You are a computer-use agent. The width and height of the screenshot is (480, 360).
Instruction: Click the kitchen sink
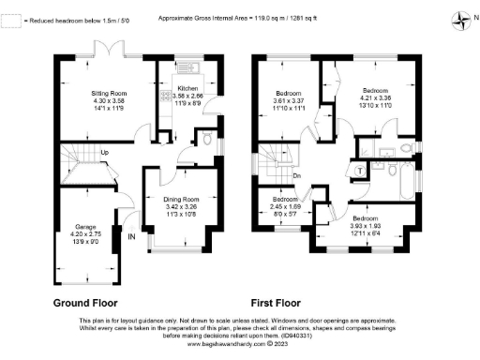(183, 67)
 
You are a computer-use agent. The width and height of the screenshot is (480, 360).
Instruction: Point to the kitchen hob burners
(166, 96)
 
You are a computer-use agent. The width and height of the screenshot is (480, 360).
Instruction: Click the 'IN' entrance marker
(129, 238)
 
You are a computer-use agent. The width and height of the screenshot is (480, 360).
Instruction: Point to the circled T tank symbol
(361, 169)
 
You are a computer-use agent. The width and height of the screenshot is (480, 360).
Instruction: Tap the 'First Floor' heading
(279, 304)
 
